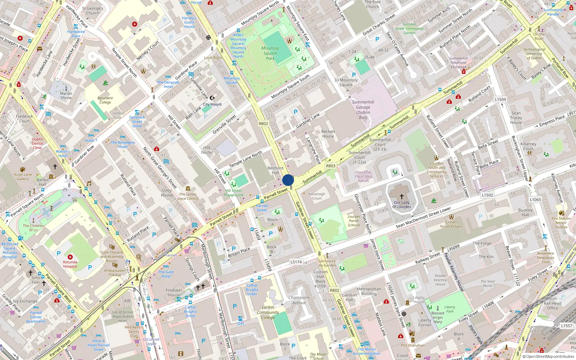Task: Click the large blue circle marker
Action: [288, 180]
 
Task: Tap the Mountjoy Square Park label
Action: [270, 53]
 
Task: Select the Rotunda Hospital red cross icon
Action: [70, 257]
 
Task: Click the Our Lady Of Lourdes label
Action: [401, 204]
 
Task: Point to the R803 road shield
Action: [330, 166]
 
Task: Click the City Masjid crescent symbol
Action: [212, 98]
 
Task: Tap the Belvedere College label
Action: [105, 100]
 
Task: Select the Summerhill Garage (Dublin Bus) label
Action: [363, 110]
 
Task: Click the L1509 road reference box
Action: [500, 99]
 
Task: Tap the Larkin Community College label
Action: [268, 312]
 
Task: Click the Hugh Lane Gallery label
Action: [23, 176]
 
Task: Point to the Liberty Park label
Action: [450, 309]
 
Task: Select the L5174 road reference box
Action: [296, 262]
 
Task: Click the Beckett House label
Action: [328, 134]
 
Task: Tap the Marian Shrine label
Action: [66, 95]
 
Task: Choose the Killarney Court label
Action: [528, 146]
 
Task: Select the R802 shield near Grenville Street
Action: [263, 123]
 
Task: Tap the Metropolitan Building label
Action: [369, 291]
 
